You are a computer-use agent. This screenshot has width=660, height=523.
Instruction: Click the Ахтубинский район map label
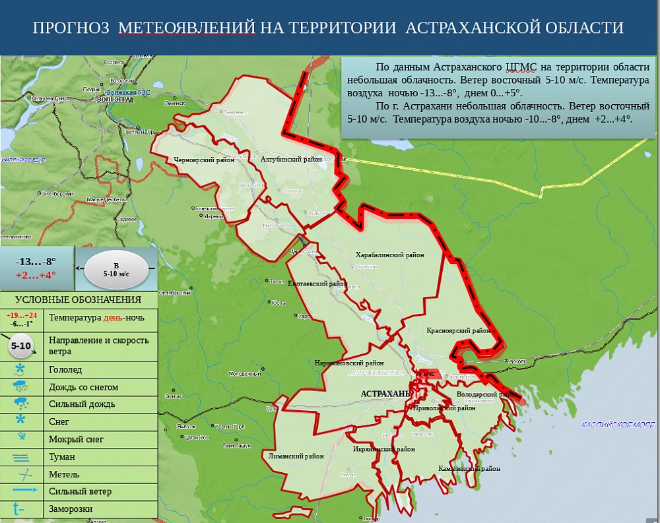click(x=290, y=160)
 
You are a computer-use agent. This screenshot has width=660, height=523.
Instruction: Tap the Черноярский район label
click(x=204, y=160)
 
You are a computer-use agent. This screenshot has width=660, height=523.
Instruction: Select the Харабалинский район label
click(x=389, y=255)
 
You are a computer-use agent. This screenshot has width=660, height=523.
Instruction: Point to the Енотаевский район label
click(x=317, y=284)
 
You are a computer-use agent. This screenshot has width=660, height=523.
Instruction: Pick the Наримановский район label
click(x=349, y=363)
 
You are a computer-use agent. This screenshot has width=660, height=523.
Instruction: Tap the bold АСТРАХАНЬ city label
click(x=385, y=394)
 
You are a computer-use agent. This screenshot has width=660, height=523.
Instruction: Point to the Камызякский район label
click(x=469, y=469)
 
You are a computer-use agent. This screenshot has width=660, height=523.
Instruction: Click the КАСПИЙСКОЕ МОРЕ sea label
click(x=618, y=424)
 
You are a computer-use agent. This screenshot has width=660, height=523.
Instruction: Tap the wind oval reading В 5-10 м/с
click(x=116, y=269)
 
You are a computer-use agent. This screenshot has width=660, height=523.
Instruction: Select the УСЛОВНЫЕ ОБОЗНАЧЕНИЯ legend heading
click(x=79, y=300)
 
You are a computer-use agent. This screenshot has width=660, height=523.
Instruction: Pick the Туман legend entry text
click(x=62, y=456)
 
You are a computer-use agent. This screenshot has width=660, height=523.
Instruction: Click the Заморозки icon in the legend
click(x=19, y=508)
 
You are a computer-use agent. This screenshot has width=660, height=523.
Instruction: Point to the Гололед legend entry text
click(x=65, y=370)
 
